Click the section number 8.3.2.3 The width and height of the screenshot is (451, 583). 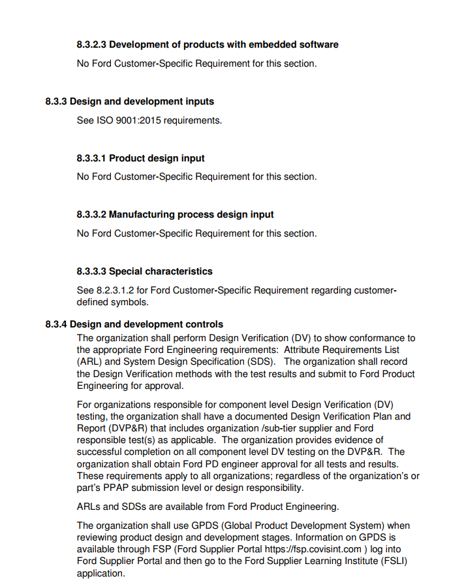click(x=91, y=44)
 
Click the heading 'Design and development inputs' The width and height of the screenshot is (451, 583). click(x=142, y=101)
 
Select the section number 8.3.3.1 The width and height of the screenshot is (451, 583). click(x=91, y=158)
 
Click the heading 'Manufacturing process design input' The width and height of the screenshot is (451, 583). click(x=191, y=214)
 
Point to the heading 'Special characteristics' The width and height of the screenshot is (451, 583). click(x=161, y=271)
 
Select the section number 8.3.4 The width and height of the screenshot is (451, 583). click(x=55, y=324)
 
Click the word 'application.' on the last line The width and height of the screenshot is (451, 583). click(x=100, y=573)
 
